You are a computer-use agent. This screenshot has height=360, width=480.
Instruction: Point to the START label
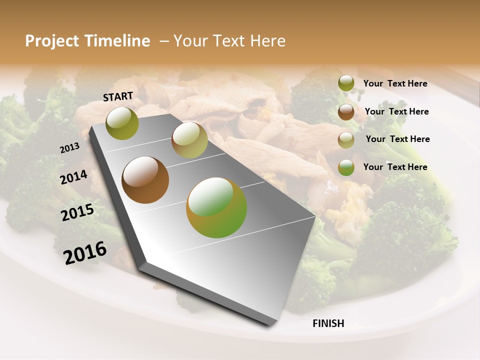tap(118, 96)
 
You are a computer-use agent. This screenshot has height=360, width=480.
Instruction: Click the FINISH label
tap(328, 323)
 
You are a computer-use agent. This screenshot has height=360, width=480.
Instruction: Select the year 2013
tap(69, 148)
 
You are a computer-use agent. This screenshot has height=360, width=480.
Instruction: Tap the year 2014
tap(73, 177)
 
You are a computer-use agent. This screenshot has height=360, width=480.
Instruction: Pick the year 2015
tap(77, 212)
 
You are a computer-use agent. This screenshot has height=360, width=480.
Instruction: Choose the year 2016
tap(84, 253)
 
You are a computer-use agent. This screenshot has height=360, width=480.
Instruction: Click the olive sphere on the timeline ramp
tap(122, 123)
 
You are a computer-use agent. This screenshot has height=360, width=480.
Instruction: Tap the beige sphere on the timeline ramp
tap(189, 140)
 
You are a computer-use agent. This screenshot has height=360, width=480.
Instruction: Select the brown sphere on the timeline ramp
tap(145, 180)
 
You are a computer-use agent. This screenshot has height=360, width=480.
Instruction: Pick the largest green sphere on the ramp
tap(216, 207)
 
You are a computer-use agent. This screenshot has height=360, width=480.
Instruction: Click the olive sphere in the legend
tap(346, 83)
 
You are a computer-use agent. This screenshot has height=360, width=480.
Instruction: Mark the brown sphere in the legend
tap(346, 112)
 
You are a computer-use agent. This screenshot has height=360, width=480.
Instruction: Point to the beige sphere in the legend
tap(346, 140)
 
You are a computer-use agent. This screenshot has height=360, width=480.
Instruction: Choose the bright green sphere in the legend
tap(346, 167)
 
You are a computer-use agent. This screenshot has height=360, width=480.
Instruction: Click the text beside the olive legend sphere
tap(395, 83)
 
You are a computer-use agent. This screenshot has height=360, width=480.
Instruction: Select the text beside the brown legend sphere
tap(396, 111)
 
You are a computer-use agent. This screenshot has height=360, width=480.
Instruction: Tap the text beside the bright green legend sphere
tap(395, 167)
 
